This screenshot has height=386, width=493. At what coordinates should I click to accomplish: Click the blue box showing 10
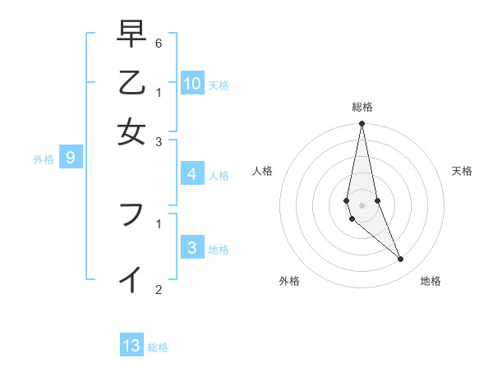[x=192, y=83]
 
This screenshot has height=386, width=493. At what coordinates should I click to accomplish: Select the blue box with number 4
[x=191, y=174]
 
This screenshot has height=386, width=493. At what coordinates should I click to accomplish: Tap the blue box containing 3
[x=191, y=248]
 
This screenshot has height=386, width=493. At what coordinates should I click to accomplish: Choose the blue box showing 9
[x=70, y=158]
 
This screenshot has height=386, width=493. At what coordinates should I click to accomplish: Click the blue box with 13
[x=131, y=346]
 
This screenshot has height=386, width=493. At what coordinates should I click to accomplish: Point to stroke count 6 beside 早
[x=159, y=43]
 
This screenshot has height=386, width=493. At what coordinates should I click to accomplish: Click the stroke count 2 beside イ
[x=159, y=288]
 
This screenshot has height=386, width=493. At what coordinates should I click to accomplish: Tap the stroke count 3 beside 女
[x=159, y=141]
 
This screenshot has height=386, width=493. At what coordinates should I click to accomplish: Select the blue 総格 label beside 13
[x=158, y=347]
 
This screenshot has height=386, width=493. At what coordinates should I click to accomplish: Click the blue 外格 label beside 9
[x=43, y=159]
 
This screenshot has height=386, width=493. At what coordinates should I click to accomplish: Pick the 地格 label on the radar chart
[x=431, y=281]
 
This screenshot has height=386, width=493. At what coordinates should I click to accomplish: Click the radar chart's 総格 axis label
[x=362, y=107]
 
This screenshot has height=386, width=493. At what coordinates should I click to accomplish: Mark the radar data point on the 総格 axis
[x=362, y=124]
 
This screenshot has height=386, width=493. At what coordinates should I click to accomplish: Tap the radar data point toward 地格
[x=401, y=260]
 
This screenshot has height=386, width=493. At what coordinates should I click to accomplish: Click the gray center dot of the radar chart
[x=362, y=204]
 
